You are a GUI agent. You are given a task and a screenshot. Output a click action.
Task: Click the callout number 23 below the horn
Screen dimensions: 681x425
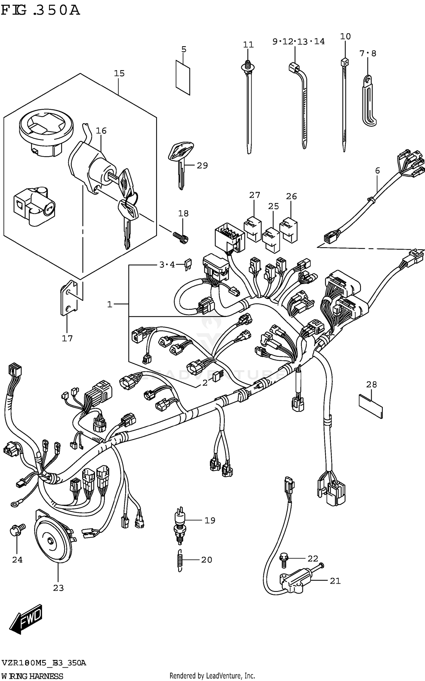tap(58, 588)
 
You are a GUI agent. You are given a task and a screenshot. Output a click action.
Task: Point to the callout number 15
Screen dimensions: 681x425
tap(119, 73)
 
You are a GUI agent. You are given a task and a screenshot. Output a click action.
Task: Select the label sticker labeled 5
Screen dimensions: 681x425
tap(183, 77)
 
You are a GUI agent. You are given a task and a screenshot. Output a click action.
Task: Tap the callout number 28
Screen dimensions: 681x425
tap(371, 384)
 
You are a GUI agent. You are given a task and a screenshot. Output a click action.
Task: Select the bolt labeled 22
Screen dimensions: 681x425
tap(284, 560)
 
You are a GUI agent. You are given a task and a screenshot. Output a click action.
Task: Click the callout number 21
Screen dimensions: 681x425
tap(335, 581)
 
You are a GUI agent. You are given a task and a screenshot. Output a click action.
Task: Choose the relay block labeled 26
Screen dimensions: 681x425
tap(288, 230)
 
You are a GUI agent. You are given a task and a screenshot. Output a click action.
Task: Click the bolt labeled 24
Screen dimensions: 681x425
tap(17, 530)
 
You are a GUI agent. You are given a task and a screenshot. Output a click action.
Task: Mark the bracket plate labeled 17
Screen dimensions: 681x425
tap(69, 297)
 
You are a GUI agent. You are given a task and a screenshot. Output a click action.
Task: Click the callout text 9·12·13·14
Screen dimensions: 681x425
tap(298, 41)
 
